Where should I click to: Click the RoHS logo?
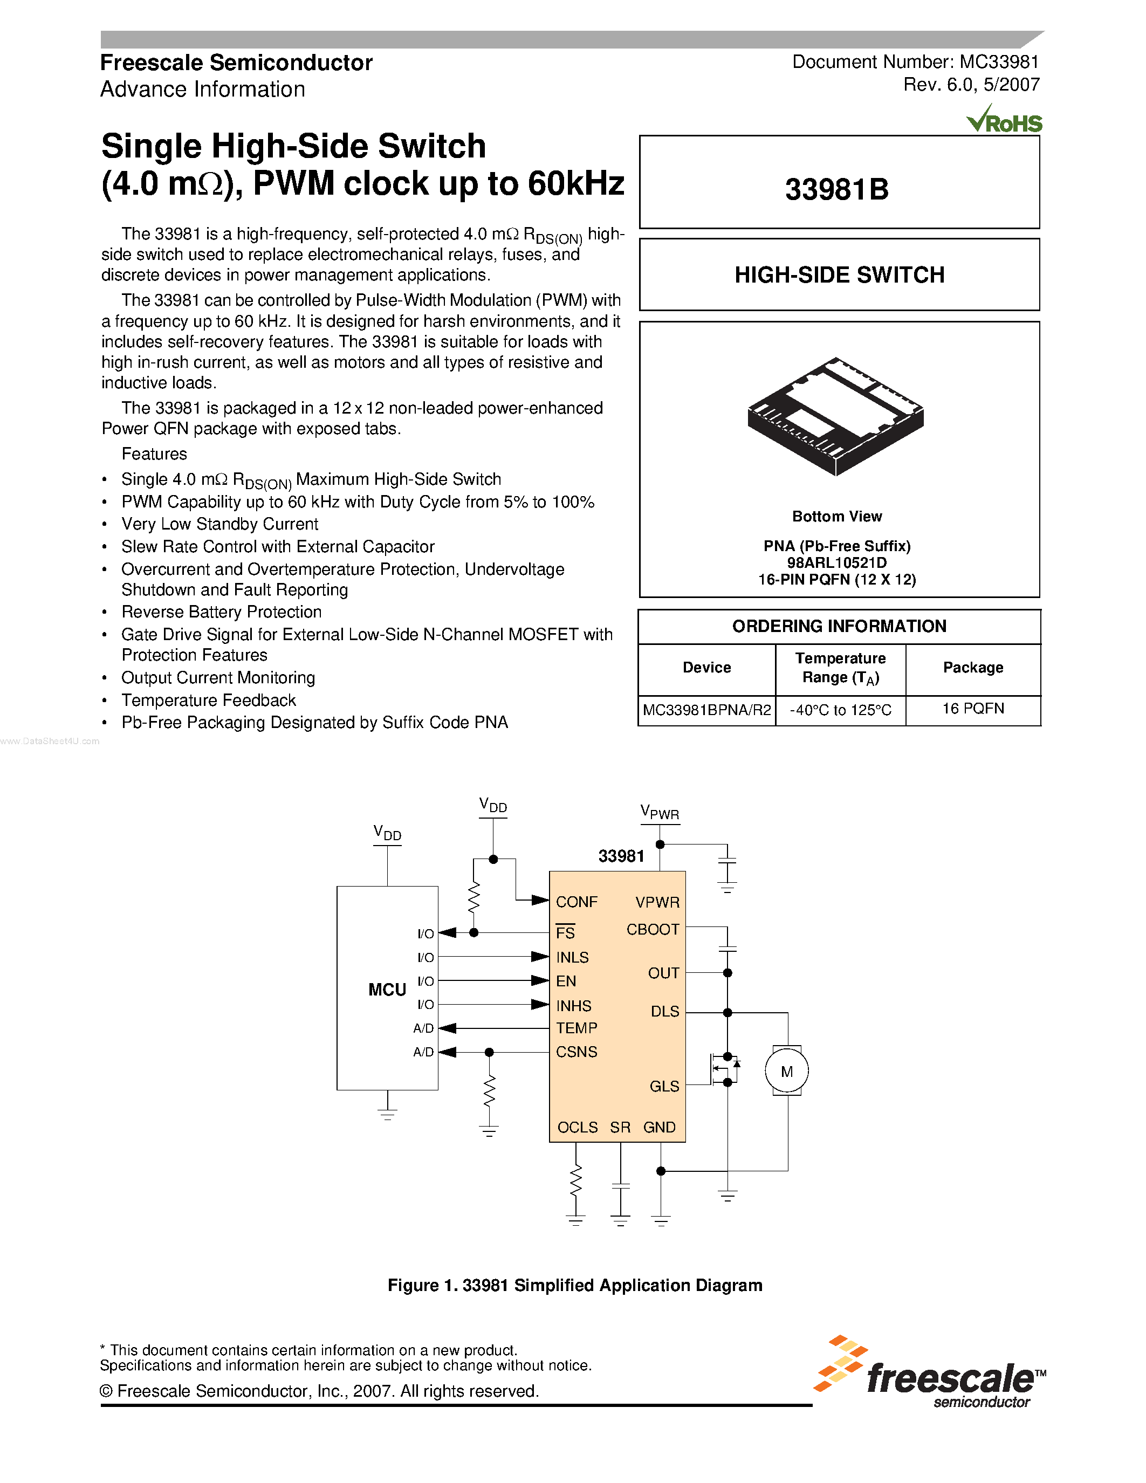(1004, 120)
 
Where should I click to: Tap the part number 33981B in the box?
(837, 189)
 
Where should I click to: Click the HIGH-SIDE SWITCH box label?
(839, 275)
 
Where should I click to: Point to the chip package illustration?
(836, 416)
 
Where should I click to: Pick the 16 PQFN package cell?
(972, 709)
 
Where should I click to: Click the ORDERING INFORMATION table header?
(839, 626)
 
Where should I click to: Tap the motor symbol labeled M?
(787, 1072)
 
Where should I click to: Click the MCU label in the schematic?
(387, 990)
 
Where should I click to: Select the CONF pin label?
(577, 902)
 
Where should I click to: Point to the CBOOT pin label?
(653, 930)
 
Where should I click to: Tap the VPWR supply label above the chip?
(659, 813)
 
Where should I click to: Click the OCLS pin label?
(577, 1127)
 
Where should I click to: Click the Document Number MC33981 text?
(915, 63)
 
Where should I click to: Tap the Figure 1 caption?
(574, 1286)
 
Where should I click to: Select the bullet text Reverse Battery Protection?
(221, 612)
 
